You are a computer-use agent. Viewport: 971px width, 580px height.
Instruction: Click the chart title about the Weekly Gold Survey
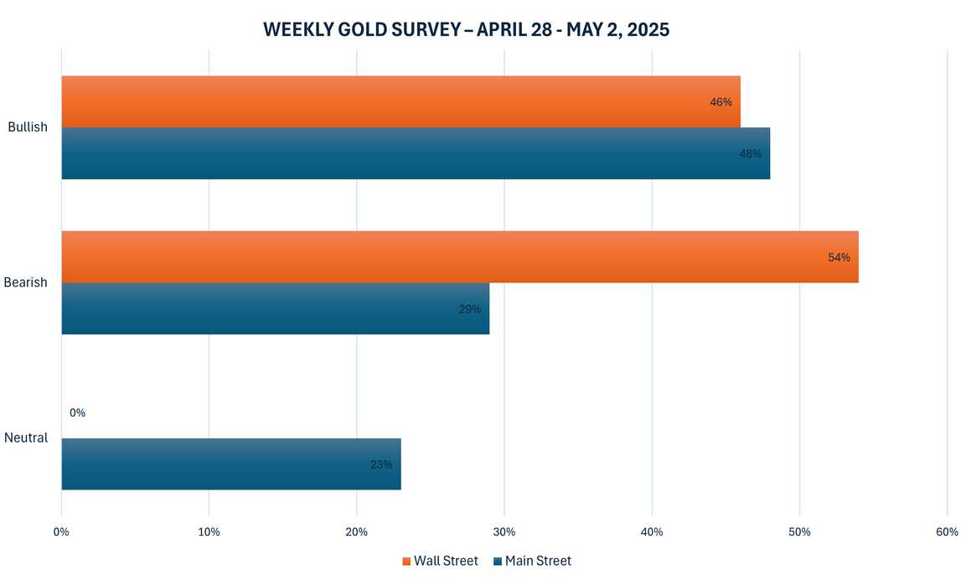pos(466,29)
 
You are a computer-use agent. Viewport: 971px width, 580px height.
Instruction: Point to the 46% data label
pos(721,102)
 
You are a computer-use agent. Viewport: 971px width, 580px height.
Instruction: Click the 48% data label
pos(750,154)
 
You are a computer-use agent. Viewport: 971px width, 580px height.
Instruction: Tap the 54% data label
pos(839,257)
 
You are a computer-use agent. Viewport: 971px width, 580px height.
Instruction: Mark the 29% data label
pos(469,309)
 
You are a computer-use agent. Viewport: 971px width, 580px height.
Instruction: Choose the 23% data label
pos(380,464)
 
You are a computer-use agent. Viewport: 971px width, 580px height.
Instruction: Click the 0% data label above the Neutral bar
pos(77,412)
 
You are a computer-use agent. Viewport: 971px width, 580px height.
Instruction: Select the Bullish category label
pos(28,127)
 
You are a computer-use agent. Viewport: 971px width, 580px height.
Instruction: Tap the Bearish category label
pos(27,282)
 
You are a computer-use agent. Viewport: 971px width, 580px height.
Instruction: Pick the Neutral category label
pos(26,438)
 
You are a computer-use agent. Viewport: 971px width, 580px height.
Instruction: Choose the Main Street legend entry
pos(533,561)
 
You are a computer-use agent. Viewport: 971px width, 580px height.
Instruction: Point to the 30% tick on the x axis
pos(504,532)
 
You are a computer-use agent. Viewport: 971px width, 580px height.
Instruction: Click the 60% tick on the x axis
pos(947,532)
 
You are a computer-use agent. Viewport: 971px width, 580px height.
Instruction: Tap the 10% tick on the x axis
pos(209,532)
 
